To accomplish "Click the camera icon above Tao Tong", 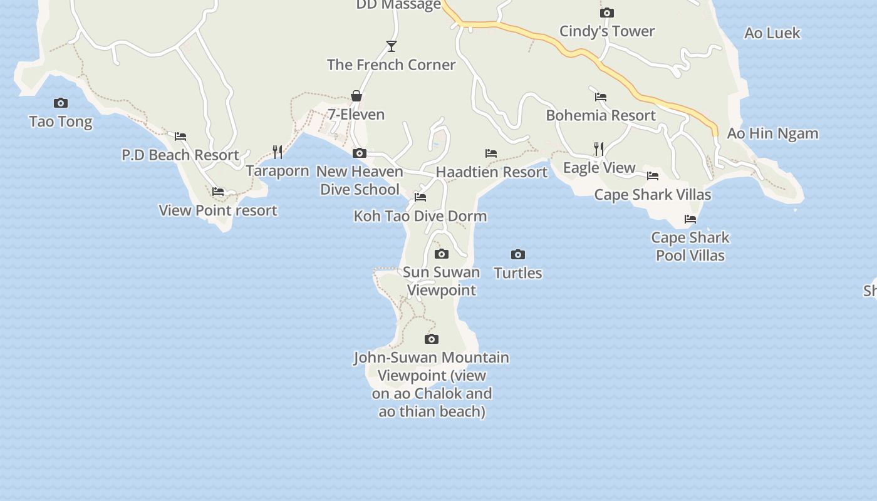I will pos(61,103).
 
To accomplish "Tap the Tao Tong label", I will pos(61,121).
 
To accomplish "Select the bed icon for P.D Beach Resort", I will pos(180,136).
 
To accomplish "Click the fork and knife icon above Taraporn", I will pos(278,152).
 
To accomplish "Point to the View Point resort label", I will pos(218,210).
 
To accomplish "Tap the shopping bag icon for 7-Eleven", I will pos(356,96).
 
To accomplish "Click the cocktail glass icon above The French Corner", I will pos(392,46).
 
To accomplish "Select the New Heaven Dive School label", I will pos(360,180).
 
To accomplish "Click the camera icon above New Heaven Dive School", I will pos(360,153).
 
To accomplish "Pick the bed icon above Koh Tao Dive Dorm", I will pos(420,197).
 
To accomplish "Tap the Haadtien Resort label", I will pos(492,172).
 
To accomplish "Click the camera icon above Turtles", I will pos(517,254).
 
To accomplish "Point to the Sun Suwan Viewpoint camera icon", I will pos(442,254).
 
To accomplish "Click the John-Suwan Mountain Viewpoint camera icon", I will pos(432,339).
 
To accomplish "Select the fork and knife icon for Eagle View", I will pos(599,148).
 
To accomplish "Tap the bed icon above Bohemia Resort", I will pos(601,96).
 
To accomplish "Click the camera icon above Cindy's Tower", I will pos(606,13).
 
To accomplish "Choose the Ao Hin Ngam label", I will pos(772,133).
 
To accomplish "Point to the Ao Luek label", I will pos(772,33).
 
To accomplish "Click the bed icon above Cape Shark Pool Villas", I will pos(690,219).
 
